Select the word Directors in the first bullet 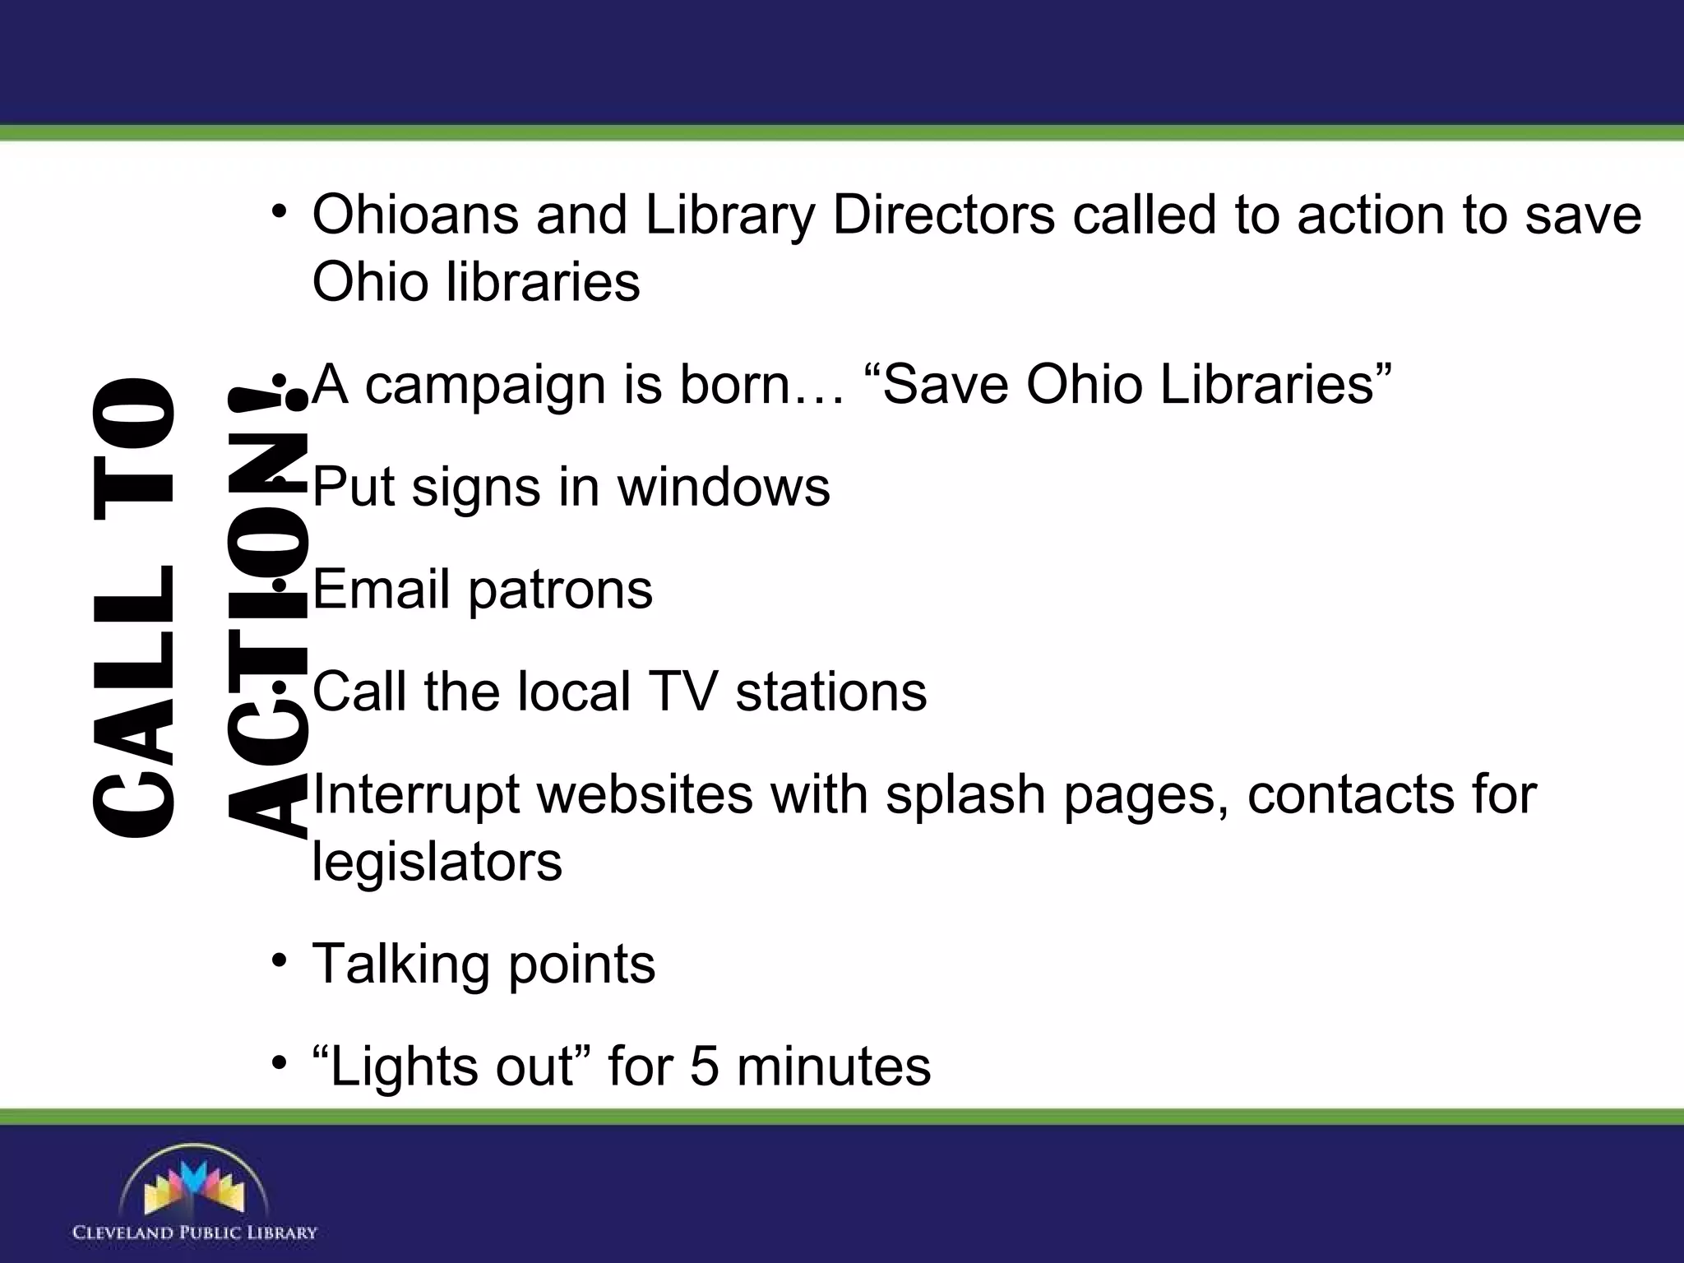click(x=943, y=215)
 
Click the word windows click(x=724, y=487)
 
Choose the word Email click(x=382, y=589)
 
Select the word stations click(x=831, y=692)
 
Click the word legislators click(x=437, y=863)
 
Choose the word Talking click(x=402, y=965)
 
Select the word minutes click(x=834, y=1066)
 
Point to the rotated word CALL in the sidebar click(x=134, y=699)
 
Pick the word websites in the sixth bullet click(x=645, y=795)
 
